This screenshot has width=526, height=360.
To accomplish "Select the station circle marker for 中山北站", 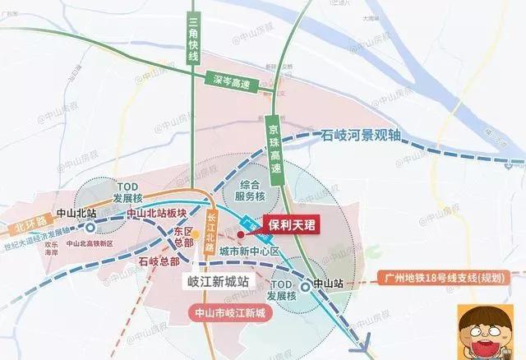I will (x=90, y=228).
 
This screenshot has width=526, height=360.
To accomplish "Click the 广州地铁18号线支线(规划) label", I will (x=445, y=278).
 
